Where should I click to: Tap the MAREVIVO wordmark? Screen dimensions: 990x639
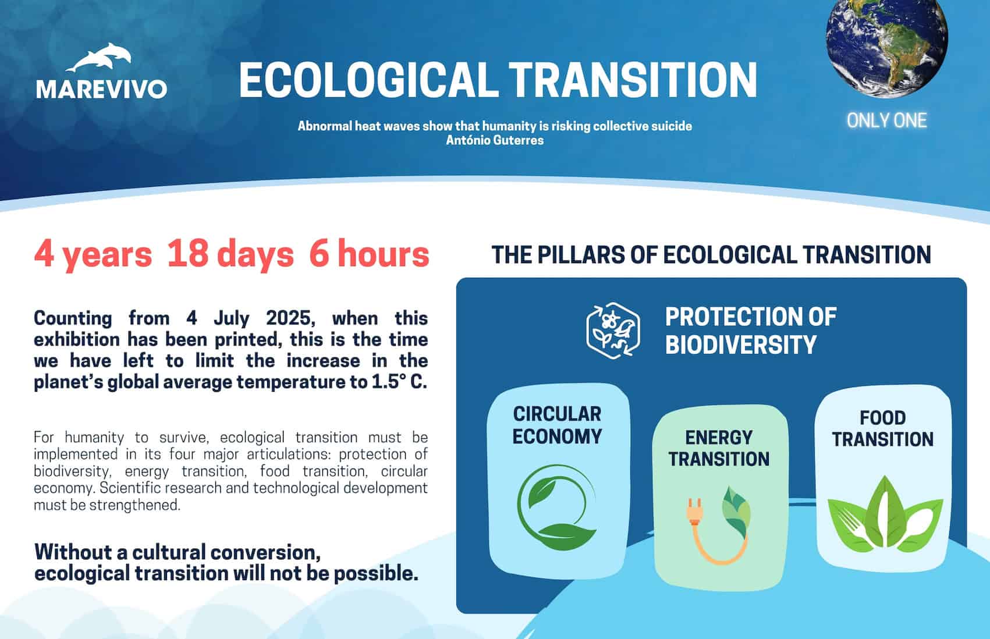102,89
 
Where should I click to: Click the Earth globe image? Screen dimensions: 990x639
886,46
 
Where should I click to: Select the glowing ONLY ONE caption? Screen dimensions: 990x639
886,120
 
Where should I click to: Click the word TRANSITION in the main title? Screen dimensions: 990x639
633,80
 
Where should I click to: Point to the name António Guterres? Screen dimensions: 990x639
495,140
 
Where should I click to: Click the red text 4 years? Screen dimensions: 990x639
93,255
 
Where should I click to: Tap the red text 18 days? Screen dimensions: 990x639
230,255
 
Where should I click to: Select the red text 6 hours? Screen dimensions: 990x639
369,254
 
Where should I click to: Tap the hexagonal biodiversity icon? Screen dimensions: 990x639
613,331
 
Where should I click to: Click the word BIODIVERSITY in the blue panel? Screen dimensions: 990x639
741,345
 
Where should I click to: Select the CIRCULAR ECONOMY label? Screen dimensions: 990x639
557,425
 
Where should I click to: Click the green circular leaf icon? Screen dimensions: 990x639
556,507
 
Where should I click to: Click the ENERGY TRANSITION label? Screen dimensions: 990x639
719,449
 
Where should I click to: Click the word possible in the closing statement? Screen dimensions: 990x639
375,574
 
